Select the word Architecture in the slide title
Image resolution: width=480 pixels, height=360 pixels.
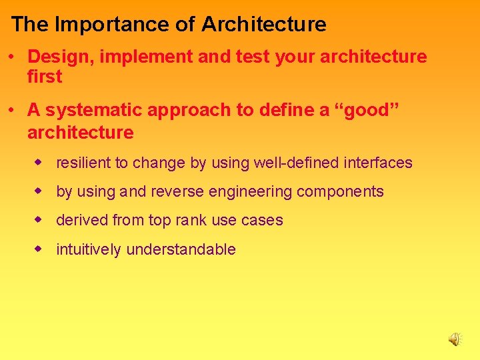click(x=264, y=25)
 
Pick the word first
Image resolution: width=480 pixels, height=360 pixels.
click(x=45, y=77)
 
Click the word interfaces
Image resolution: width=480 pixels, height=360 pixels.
click(x=379, y=163)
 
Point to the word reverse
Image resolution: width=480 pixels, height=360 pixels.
click(x=177, y=192)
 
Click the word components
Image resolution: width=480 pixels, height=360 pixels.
click(x=340, y=192)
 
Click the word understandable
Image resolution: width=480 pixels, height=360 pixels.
click(x=181, y=249)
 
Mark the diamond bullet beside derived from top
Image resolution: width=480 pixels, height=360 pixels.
click(x=39, y=219)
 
